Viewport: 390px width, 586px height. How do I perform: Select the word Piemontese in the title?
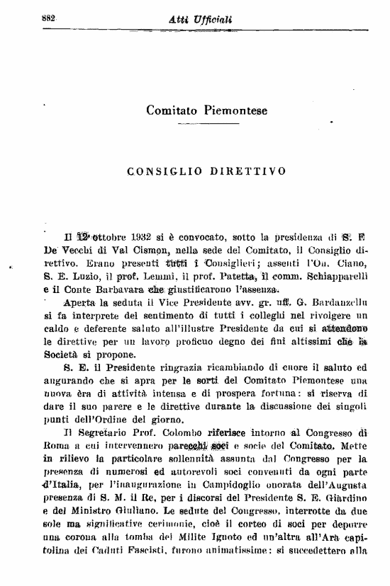[x=234, y=110]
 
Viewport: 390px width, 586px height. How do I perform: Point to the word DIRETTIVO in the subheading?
[x=253, y=171]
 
